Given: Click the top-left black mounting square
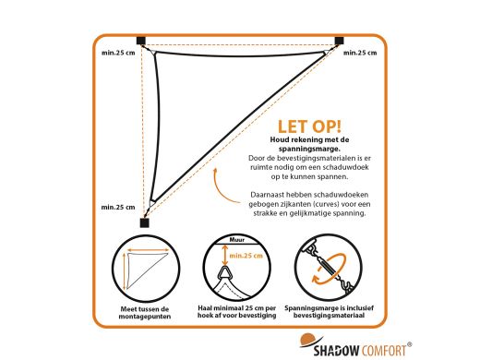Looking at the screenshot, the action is (141, 41).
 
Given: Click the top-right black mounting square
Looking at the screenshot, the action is (339, 41).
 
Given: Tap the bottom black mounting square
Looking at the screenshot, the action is (144, 222).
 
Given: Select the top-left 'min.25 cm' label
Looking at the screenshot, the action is (118, 53).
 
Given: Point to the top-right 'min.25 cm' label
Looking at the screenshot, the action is (360, 53).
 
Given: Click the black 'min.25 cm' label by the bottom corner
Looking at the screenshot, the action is (118, 207).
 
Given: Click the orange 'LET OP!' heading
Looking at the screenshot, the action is (309, 126).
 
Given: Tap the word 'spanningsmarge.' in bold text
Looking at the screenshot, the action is (309, 149).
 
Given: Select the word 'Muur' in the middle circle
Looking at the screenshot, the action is (237, 240).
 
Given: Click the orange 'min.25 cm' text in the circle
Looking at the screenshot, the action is (246, 256).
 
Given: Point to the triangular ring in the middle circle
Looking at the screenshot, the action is (225, 272).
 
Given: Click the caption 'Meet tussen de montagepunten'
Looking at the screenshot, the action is (145, 313).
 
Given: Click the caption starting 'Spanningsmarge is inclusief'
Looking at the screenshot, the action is (329, 311).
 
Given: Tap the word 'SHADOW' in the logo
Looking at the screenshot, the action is (336, 351).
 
